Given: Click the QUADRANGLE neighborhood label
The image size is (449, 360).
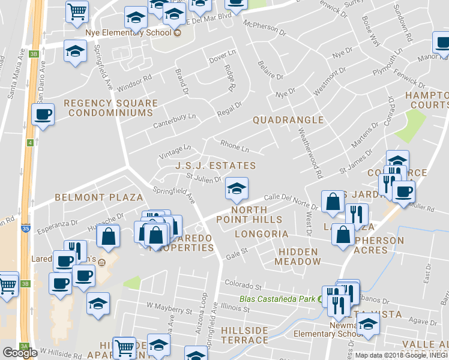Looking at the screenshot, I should pyautogui.click(x=288, y=120).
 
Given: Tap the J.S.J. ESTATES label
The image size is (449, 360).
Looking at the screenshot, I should pyautogui.click(x=215, y=166).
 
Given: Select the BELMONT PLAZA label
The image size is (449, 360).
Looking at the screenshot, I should pyautogui.click(x=99, y=197).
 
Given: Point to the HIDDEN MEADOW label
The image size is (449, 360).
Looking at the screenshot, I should pyautogui.click(x=298, y=257).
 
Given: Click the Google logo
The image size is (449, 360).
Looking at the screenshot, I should pyautogui.click(x=20, y=352).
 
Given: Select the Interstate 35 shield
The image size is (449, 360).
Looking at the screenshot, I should pyautogui.click(x=25, y=229).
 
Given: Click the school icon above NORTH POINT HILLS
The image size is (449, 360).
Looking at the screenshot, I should pyautogui.click(x=237, y=190).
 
